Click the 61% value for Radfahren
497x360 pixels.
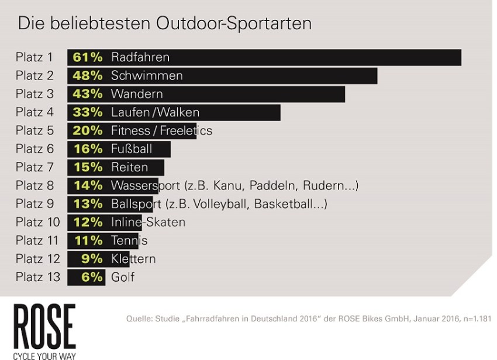88,57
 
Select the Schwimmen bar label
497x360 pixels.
147,76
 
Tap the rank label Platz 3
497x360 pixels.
34,94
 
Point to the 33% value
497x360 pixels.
88,113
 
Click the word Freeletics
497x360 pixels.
185,131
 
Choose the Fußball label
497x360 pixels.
132,149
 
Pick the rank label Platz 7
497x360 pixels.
34,167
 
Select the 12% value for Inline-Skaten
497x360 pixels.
88,222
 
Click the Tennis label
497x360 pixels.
129,241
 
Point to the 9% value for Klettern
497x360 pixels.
92,259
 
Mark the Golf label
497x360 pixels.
123,277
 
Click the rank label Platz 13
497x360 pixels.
38,277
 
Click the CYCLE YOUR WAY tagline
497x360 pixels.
44,354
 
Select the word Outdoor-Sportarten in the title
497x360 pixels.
234,23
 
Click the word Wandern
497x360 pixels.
137,94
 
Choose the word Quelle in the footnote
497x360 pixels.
139,319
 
